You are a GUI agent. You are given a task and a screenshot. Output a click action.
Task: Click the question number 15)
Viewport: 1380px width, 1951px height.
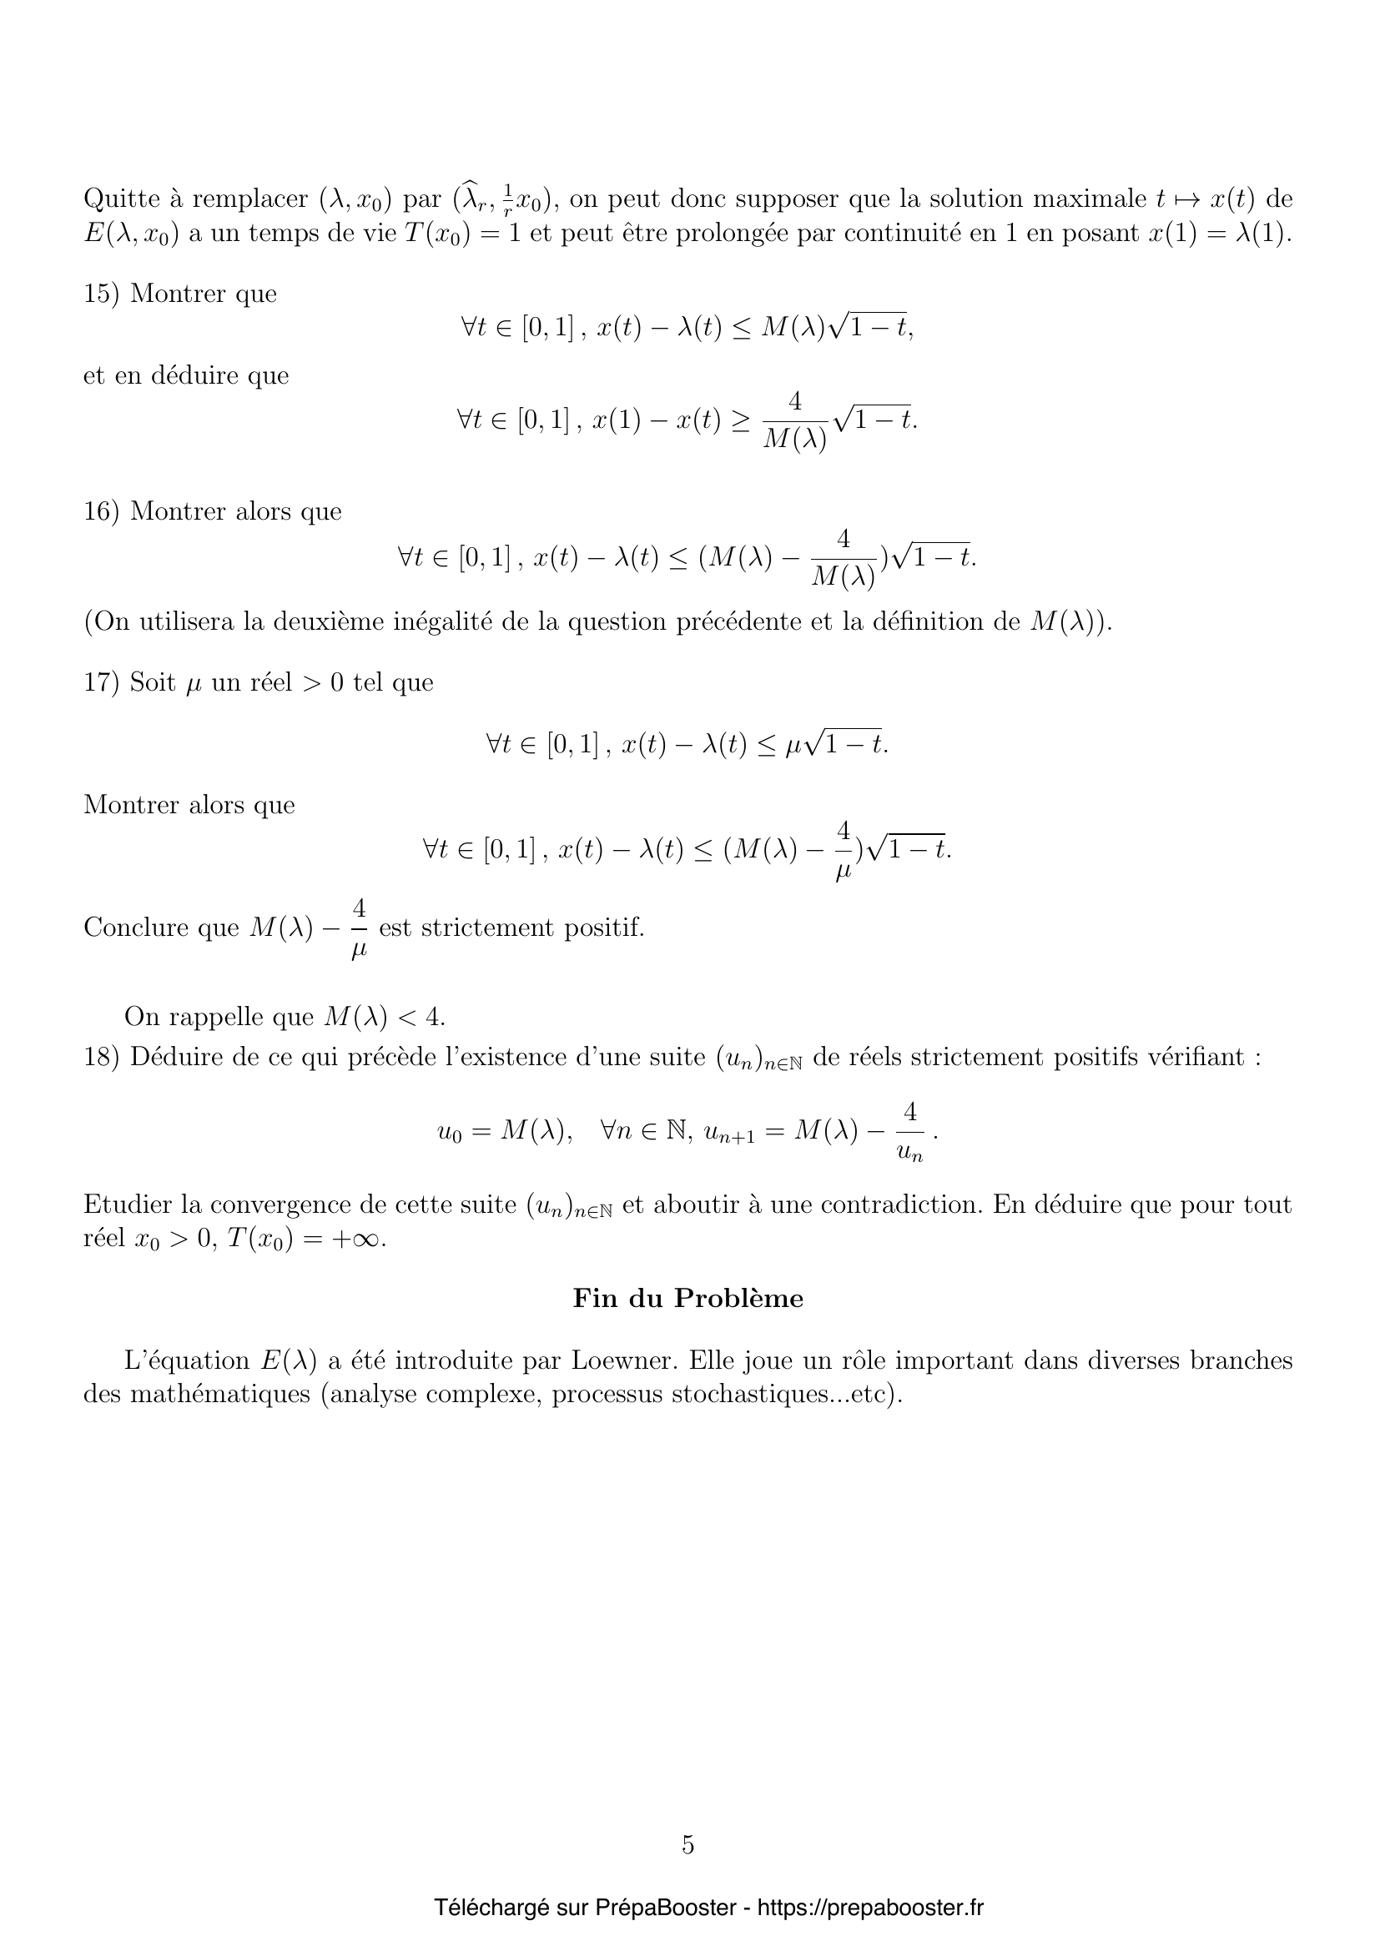pos(102,294)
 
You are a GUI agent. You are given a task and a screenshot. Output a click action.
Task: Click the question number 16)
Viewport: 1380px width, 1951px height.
pos(102,511)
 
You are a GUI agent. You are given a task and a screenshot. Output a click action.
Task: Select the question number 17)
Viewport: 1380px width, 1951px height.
pos(102,682)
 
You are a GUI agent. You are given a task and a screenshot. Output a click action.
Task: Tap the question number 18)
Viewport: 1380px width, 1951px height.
pos(102,1057)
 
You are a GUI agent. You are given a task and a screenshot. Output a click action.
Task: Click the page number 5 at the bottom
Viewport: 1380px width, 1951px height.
pos(688,1844)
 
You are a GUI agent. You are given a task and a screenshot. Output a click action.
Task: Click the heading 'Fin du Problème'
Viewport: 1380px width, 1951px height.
pos(688,1299)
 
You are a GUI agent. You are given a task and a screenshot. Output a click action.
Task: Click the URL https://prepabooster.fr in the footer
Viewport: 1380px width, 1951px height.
pos(870,1908)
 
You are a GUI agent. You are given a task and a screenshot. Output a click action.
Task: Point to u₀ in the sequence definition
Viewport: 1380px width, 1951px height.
pos(449,1132)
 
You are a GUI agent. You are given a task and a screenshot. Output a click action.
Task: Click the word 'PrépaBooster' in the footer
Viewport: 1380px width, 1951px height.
pos(665,1908)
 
